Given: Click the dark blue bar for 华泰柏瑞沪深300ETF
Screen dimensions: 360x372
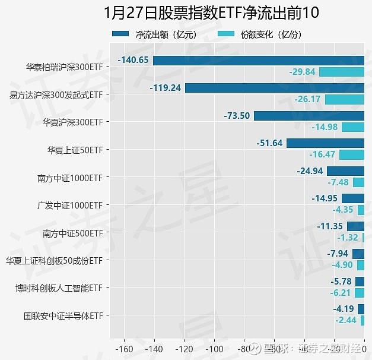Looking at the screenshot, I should click(258, 60).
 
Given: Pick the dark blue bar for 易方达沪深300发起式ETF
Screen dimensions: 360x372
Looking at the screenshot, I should click(274, 88).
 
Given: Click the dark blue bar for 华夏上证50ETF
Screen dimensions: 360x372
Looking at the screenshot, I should click(325, 143).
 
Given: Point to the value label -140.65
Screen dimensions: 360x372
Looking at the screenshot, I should click(134, 60).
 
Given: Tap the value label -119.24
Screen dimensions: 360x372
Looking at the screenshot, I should click(166, 88).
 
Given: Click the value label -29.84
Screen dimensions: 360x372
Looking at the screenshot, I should click(302, 72).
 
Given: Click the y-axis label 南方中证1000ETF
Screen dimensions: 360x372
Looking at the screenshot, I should click(70, 177).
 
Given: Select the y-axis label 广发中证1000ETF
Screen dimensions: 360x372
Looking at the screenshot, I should click(70, 205).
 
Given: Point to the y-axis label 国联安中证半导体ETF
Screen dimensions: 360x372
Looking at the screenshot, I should click(63, 315).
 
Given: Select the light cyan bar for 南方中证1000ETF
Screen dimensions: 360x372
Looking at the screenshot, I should click(358, 182).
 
